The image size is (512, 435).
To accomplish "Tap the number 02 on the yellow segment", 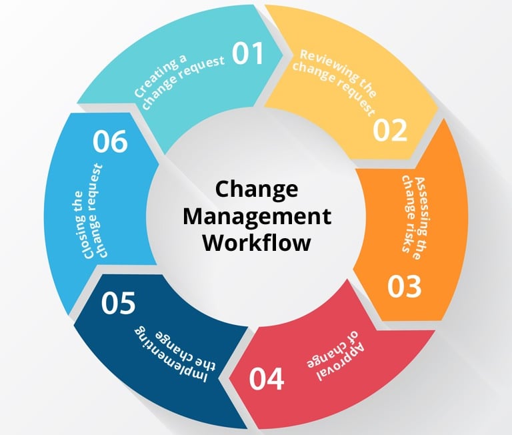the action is coord(390,129).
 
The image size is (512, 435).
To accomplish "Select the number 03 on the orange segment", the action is coord(405,285).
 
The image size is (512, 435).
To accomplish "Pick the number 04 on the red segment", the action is coord(267,378).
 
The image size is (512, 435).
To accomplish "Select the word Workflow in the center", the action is coord(257,243).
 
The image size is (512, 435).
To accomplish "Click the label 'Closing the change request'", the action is coord(97,211).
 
